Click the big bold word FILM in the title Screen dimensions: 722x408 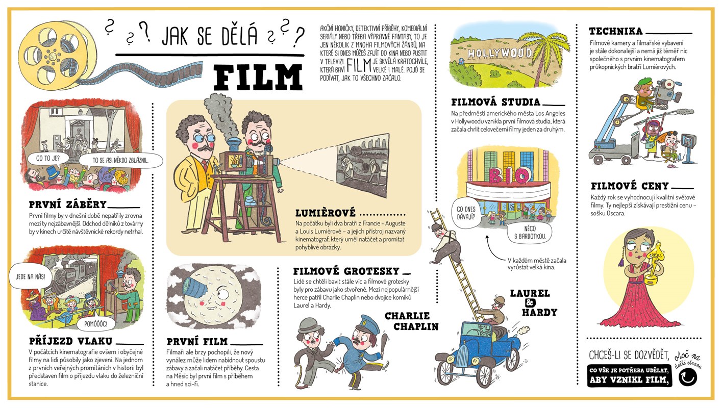pyautogui.click(x=258, y=78)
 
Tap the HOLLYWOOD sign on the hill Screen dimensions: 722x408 pyautogui.click(x=500, y=53)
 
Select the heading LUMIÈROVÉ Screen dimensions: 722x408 pyautogui.click(x=326, y=213)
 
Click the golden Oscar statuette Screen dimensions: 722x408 pyautogui.click(x=654, y=261)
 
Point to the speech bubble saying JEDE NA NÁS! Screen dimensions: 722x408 pyautogui.click(x=30, y=276)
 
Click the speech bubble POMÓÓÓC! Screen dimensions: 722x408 pyautogui.click(x=95, y=323)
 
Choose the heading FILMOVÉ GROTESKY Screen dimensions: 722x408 pyautogui.click(x=346, y=271)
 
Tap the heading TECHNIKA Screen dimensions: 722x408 pyautogui.click(x=616, y=31)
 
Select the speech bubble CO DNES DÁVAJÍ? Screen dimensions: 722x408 pyautogui.click(x=466, y=213)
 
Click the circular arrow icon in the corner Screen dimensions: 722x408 pyautogui.click(x=687, y=377)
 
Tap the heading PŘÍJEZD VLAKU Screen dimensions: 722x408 pyautogui.click(x=70, y=341)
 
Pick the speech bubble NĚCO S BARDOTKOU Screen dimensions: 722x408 pyautogui.click(x=530, y=233)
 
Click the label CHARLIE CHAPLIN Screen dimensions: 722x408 pyautogui.click(x=412, y=321)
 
